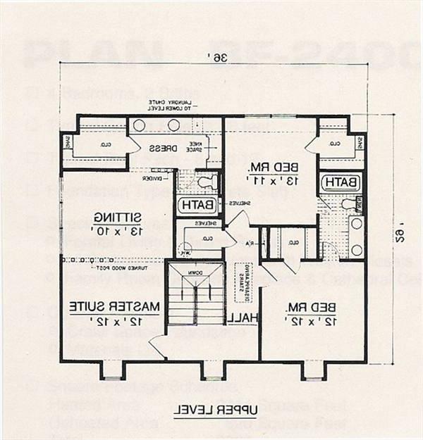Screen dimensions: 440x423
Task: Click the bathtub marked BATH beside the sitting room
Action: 192,206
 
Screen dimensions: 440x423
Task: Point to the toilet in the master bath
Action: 204,181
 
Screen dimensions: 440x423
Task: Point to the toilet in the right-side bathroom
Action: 348,204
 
